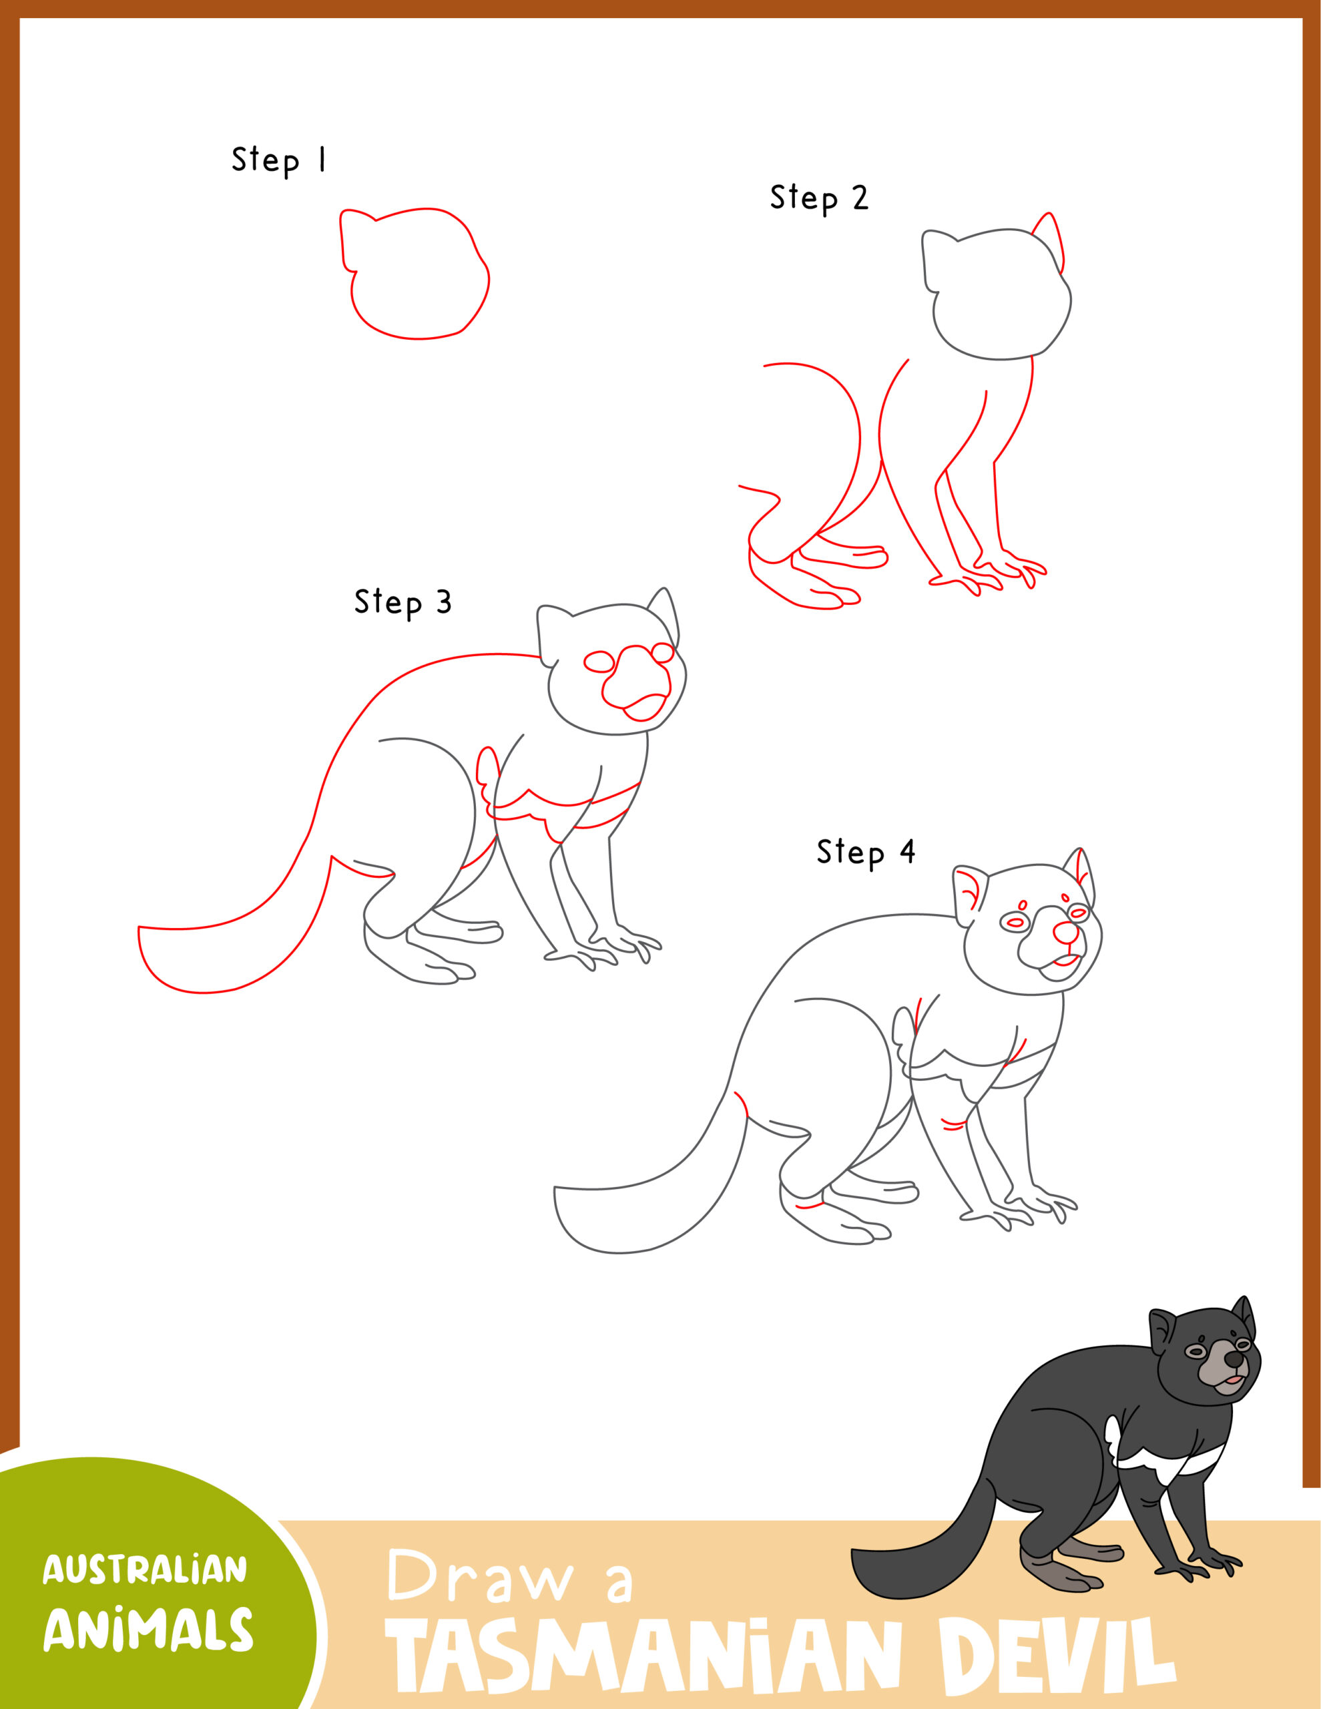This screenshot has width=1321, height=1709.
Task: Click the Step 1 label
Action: (x=278, y=160)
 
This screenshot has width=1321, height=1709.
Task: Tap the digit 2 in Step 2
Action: (x=860, y=198)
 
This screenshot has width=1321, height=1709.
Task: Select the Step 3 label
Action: (x=403, y=603)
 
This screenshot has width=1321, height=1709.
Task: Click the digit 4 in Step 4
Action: (x=907, y=851)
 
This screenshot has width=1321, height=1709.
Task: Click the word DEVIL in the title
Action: (x=1057, y=1658)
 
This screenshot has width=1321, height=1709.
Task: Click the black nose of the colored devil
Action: (x=1234, y=1361)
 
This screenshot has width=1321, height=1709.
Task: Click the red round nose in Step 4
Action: (x=1064, y=932)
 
